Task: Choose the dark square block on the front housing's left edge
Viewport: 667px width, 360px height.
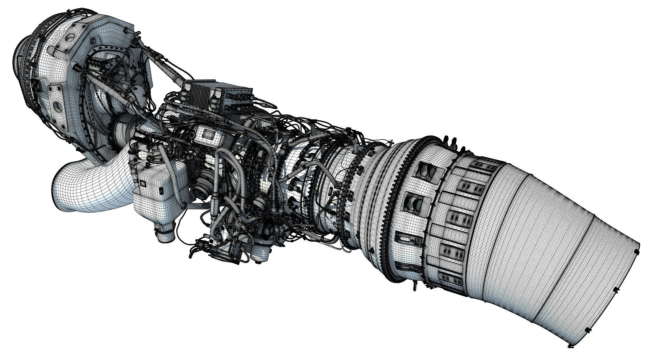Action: click(37, 86)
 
